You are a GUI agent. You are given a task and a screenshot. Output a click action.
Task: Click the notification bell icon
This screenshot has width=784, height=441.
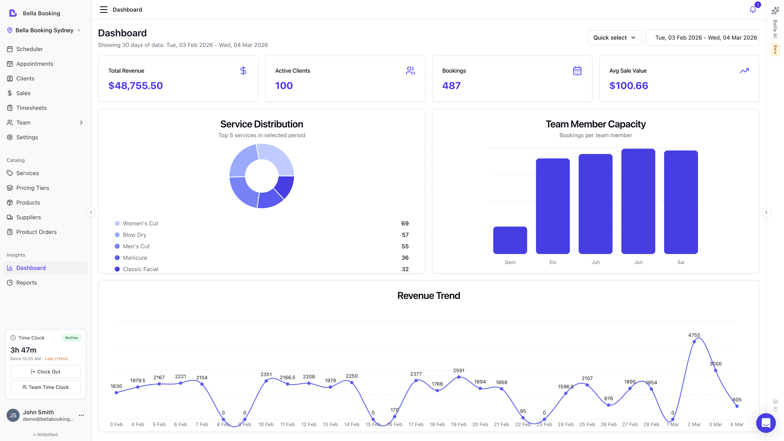[x=752, y=10]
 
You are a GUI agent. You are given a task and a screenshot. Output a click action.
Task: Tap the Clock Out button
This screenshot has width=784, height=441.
[x=45, y=372]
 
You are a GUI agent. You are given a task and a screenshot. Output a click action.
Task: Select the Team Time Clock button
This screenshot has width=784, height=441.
[x=45, y=387]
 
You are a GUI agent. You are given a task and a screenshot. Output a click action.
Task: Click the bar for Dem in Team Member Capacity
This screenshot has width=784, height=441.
[x=510, y=240]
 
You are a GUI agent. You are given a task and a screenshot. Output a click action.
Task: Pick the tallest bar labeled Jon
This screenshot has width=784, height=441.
[x=638, y=201]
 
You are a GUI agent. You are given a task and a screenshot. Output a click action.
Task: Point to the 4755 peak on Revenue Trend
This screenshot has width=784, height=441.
[x=694, y=342]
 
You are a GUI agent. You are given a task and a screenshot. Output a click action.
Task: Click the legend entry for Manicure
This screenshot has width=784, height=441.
[x=135, y=258]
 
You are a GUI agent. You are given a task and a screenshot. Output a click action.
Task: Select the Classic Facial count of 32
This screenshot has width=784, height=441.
[x=405, y=269]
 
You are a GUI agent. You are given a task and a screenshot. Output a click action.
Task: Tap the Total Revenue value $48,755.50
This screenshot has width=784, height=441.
[x=135, y=86]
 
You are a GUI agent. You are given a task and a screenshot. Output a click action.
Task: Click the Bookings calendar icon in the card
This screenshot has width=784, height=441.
[x=577, y=71]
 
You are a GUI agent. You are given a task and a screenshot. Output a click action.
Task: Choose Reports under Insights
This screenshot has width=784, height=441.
[x=27, y=282]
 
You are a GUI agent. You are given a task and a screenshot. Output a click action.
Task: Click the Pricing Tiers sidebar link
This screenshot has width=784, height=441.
[x=33, y=188]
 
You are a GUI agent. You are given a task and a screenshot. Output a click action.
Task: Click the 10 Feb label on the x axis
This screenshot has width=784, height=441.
[x=266, y=424]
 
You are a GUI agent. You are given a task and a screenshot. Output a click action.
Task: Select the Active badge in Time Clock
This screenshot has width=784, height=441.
[x=71, y=337]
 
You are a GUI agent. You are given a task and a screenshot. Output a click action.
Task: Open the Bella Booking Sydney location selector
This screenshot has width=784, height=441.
[x=44, y=30]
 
